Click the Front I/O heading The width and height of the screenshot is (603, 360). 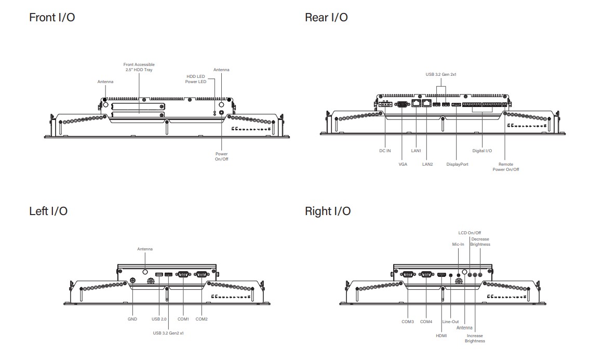[52, 18]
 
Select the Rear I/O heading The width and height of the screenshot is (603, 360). [326, 18]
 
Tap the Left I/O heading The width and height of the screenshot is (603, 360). [48, 211]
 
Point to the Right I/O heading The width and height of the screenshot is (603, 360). [328, 211]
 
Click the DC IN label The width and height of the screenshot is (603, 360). [385, 151]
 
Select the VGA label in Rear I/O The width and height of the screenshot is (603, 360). [403, 164]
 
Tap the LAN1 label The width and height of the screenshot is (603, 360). [416, 151]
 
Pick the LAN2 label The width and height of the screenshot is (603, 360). [427, 164]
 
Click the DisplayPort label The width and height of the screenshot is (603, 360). [457, 164]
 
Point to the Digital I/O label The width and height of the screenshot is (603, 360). [482, 151]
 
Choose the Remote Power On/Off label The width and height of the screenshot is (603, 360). [505, 167]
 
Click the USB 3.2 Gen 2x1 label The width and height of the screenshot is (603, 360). [440, 74]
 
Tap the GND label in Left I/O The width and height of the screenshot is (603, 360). [132, 319]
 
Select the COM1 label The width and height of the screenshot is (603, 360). [183, 319]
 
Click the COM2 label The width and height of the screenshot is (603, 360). [202, 319]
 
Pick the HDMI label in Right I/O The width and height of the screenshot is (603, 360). [441, 336]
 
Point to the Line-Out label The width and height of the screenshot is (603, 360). [450, 322]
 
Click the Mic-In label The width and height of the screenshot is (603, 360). [458, 244]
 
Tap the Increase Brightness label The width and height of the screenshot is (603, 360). [475, 338]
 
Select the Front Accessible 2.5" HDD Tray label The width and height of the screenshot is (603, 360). [139, 67]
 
